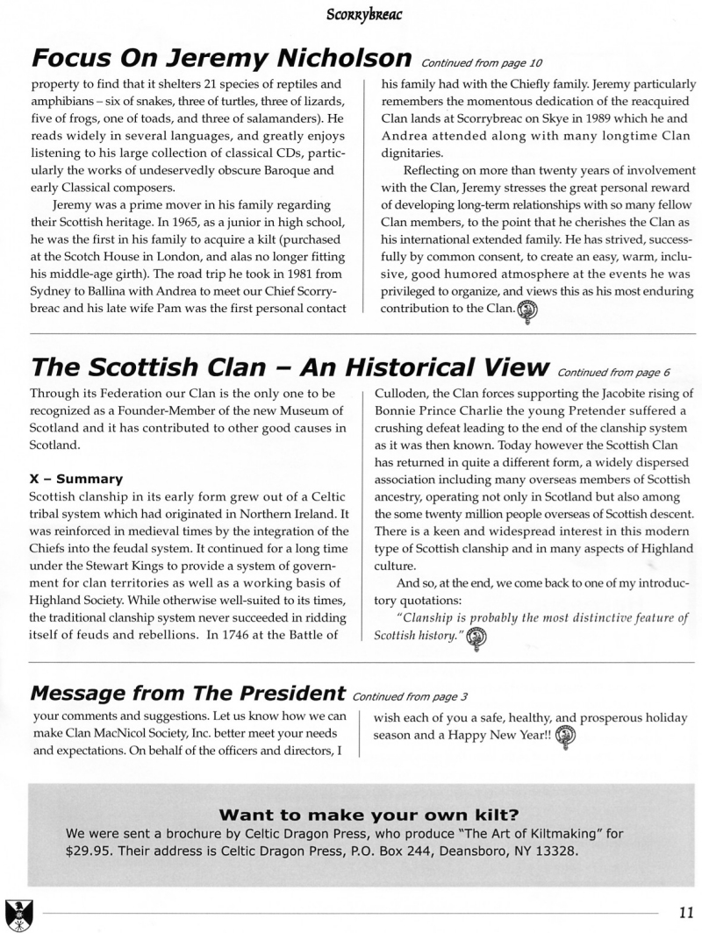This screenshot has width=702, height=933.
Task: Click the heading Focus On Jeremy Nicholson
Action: (221, 58)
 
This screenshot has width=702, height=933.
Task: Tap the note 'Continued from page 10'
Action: (471, 63)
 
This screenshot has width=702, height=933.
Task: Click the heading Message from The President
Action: (187, 693)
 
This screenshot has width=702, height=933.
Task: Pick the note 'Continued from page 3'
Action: (409, 698)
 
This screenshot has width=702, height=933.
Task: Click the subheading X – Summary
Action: (75, 479)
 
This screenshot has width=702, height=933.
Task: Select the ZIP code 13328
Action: (555, 851)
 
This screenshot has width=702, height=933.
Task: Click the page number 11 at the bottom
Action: (685, 912)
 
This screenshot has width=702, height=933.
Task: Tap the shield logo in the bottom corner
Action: (17, 912)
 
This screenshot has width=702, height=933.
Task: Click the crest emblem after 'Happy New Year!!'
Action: (567, 737)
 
